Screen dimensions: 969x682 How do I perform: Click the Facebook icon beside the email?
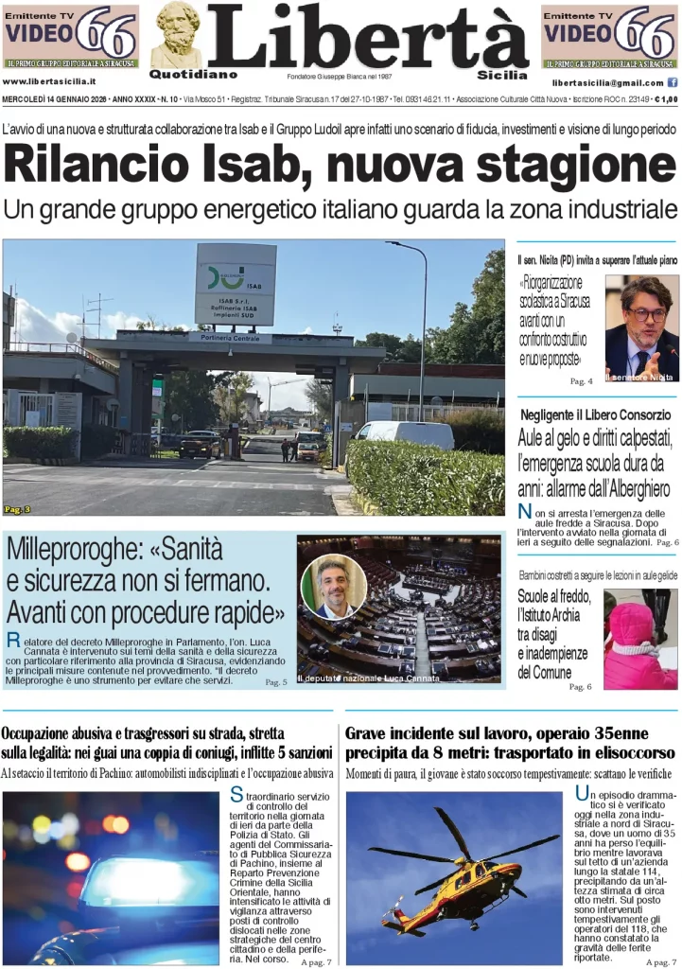click(673, 83)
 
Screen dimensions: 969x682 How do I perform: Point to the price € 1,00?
click(665, 99)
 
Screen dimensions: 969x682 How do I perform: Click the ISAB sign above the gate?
click(236, 284)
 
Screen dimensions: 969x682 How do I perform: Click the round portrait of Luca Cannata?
click(334, 586)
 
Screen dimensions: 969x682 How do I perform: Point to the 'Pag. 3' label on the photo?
click(17, 509)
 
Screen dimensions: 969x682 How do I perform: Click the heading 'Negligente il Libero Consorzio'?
click(595, 414)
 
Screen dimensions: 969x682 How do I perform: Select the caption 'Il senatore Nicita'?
click(640, 377)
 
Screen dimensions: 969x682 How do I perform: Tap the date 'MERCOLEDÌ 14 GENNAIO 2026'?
click(52, 99)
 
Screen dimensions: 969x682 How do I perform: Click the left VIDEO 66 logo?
click(71, 35)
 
